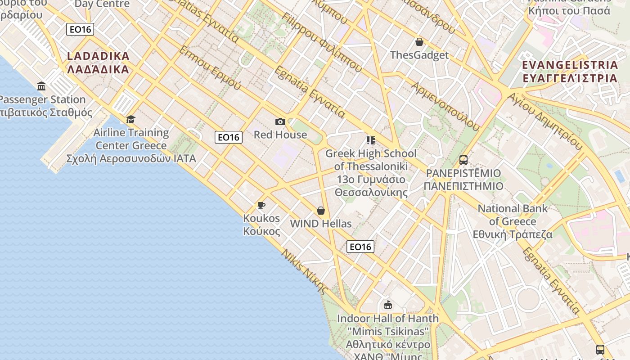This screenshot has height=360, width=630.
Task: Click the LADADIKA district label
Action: [x=98, y=63]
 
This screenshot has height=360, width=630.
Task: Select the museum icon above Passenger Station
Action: [x=41, y=86]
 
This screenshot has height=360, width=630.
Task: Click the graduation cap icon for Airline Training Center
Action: [x=131, y=119]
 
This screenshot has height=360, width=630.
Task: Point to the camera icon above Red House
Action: [x=280, y=121]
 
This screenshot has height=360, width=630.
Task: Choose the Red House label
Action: [x=280, y=135]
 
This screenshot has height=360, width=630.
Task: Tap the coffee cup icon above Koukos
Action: [x=261, y=206]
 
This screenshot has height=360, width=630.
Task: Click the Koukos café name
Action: [x=261, y=225]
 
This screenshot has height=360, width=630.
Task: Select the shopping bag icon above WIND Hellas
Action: [x=321, y=211]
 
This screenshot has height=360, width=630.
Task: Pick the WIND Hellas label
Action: [x=321, y=224]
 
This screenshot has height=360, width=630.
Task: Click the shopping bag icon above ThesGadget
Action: [x=419, y=42]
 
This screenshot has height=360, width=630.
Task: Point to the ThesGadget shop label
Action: [x=419, y=55]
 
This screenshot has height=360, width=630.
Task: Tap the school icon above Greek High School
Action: [x=371, y=140]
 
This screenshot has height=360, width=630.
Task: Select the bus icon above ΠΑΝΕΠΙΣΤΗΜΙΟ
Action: [x=463, y=160]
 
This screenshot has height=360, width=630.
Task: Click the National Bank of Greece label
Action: [x=513, y=221]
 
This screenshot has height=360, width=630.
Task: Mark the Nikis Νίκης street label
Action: [x=304, y=271]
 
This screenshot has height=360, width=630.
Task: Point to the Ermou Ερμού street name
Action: [x=210, y=67]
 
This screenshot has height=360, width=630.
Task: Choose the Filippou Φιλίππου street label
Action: [x=322, y=42]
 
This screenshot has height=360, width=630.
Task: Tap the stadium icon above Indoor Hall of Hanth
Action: [x=388, y=305]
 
